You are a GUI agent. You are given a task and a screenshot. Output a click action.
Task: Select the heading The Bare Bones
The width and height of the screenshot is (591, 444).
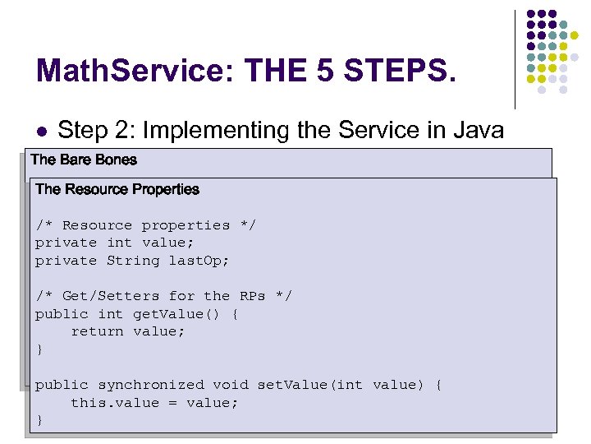(84, 160)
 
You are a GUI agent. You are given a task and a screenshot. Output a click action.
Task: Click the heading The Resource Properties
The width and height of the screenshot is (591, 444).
(117, 189)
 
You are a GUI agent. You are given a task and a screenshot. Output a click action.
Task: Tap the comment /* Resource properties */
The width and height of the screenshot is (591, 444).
(145, 225)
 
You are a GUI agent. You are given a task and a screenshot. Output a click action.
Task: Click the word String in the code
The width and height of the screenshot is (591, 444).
(133, 261)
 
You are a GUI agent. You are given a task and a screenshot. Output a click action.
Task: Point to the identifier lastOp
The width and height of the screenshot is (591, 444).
(199, 261)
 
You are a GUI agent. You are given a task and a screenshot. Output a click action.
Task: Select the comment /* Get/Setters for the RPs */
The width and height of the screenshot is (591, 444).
(163, 296)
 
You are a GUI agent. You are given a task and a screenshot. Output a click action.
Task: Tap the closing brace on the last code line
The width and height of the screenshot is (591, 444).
(39, 420)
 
